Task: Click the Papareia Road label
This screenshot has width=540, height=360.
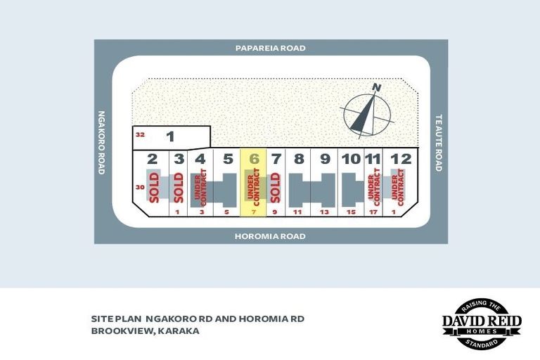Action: tap(270, 48)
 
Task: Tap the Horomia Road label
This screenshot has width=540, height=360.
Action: tap(270, 236)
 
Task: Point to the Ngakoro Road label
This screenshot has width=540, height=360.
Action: tap(101, 142)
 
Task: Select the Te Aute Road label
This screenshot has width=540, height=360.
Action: tap(439, 143)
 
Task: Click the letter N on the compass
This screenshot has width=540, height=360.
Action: tap(377, 88)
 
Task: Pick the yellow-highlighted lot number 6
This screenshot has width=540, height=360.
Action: tap(254, 159)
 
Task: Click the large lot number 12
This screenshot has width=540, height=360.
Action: tap(401, 159)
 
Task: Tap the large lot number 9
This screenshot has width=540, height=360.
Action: tap(325, 159)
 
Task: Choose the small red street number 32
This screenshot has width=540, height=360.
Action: tap(140, 134)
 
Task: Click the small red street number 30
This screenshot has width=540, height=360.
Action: tap(140, 188)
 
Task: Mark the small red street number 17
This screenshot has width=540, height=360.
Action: tap(373, 212)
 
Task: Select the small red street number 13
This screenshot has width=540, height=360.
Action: tap(324, 212)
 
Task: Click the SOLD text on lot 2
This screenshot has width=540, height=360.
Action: tap(154, 188)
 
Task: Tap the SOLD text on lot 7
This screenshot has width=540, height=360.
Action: tap(275, 188)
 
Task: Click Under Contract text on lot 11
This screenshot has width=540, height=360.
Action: tap(373, 187)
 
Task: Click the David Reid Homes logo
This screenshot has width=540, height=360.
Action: tap(482, 324)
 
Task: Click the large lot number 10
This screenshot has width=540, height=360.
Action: tap(352, 159)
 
